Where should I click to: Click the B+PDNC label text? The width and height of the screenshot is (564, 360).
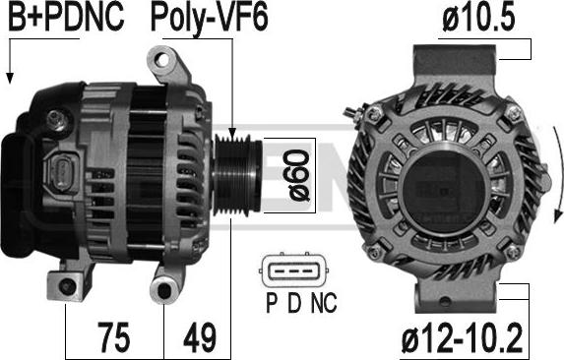tap(66, 17)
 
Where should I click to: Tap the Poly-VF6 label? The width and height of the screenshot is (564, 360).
tap(210, 19)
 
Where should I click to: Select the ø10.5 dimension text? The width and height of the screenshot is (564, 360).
tap(478, 17)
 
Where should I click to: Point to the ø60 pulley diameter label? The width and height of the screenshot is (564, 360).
tap(298, 175)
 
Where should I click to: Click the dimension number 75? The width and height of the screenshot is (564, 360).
tap(113, 337)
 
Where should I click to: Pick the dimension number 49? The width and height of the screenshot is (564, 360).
tap(200, 337)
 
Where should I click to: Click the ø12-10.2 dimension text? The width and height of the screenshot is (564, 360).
tap(462, 337)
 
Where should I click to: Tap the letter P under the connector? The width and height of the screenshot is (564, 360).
tap(272, 303)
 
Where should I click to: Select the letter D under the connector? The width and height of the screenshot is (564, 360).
tap(294, 303)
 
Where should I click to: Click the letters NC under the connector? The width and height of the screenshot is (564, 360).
tap(324, 303)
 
